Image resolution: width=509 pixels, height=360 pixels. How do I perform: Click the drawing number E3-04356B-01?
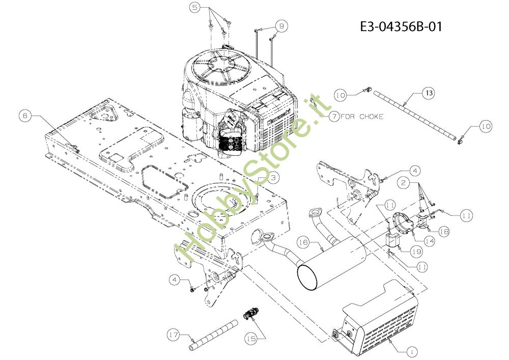(401, 26)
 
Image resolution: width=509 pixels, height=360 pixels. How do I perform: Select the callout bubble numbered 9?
(282, 25)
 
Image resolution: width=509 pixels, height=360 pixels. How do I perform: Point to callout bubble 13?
(429, 93)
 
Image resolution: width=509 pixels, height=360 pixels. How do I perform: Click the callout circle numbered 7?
(333, 116)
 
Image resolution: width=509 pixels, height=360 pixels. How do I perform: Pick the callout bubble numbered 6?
(24, 116)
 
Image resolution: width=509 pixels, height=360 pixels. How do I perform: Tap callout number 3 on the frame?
(274, 177)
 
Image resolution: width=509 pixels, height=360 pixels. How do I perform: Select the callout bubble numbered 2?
(402, 182)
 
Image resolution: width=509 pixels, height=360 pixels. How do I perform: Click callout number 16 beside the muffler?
(304, 243)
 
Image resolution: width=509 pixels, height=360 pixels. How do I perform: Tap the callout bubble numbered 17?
(174, 335)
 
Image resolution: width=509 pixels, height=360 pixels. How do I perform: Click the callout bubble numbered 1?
(411, 351)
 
